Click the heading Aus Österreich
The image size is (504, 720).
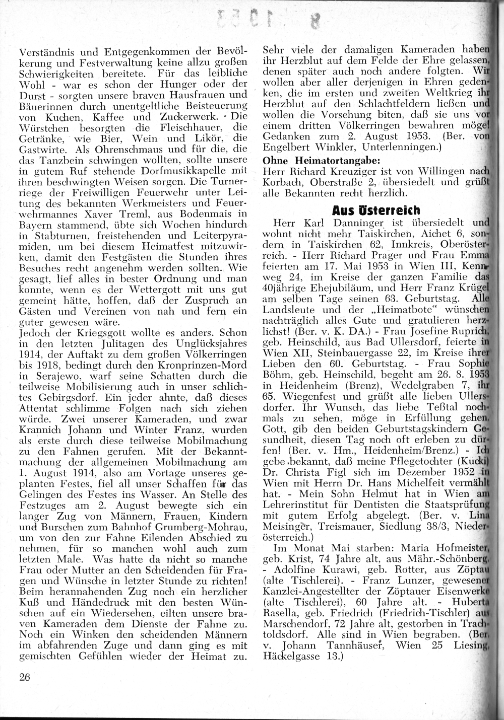(x=376, y=209)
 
